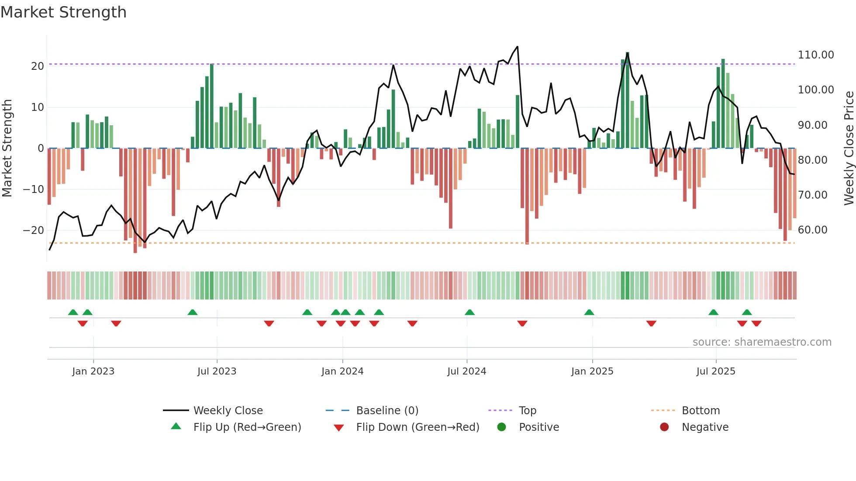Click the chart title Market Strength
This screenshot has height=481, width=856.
(x=63, y=12)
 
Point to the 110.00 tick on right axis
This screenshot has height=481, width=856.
(x=815, y=55)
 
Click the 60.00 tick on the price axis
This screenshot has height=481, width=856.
(x=812, y=230)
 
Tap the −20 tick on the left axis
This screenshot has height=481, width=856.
(x=33, y=230)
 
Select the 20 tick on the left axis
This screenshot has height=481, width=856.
(x=38, y=66)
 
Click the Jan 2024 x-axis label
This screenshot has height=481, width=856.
(x=342, y=371)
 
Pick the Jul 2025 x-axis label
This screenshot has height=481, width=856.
(x=715, y=371)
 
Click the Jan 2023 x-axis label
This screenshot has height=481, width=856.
(x=93, y=371)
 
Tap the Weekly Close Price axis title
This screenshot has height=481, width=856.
(x=849, y=148)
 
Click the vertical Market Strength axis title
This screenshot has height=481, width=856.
(x=7, y=148)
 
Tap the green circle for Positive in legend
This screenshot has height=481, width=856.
(x=501, y=427)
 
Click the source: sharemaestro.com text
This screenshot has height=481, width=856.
(x=762, y=342)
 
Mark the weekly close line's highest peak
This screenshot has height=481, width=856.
(x=518, y=47)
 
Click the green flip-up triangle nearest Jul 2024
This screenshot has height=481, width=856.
(x=469, y=313)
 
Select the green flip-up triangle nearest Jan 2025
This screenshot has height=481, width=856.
(x=589, y=313)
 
